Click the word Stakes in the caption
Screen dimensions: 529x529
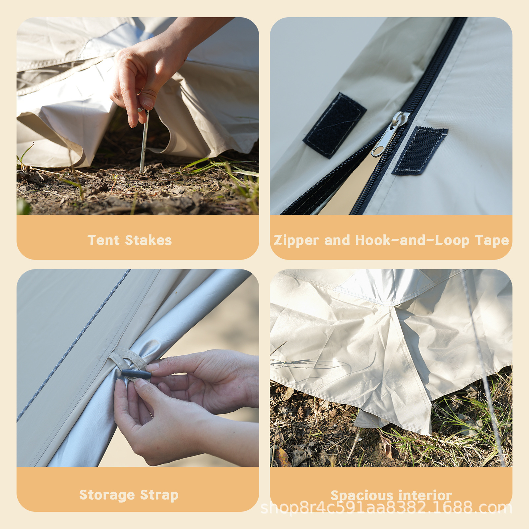click(x=148, y=240)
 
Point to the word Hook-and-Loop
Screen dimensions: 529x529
click(x=412, y=240)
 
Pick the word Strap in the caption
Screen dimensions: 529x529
click(x=159, y=495)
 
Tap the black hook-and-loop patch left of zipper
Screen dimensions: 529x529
click(x=335, y=126)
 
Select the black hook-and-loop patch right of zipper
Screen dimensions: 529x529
click(x=420, y=151)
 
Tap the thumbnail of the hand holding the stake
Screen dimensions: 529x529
click(x=148, y=102)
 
